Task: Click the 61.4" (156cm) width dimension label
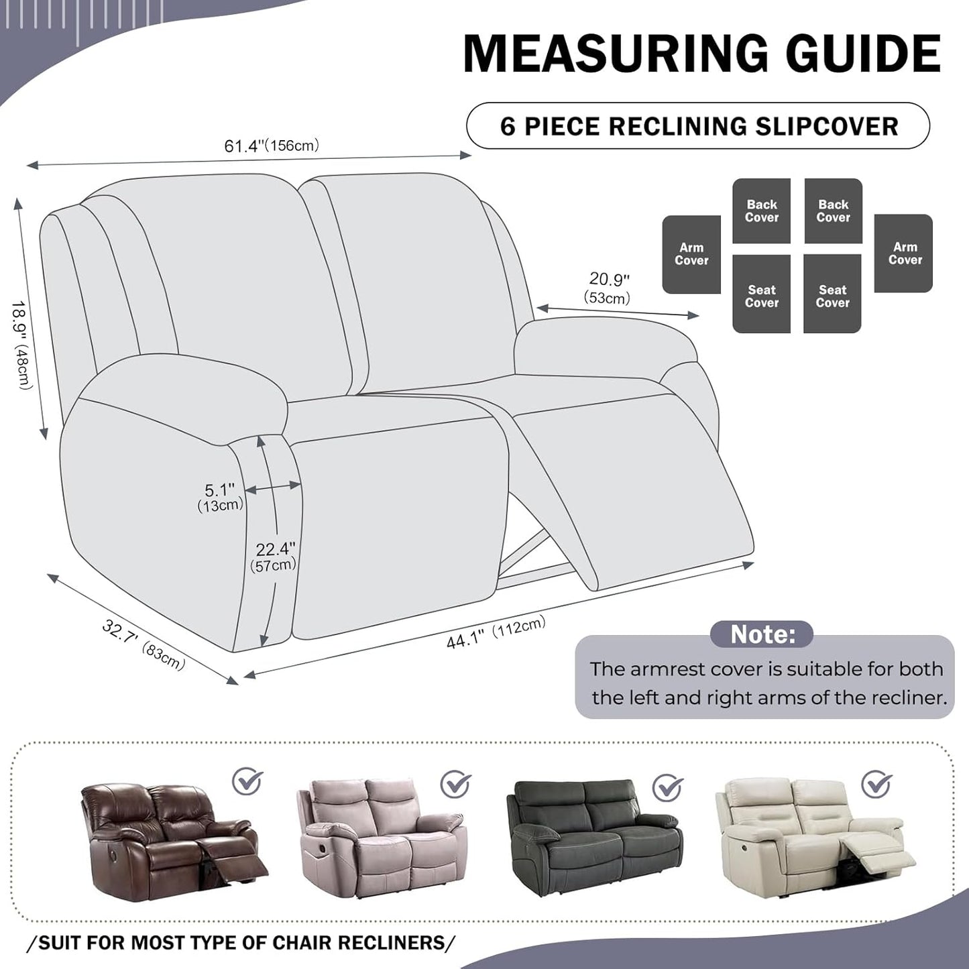272,146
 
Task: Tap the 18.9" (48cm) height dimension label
21,345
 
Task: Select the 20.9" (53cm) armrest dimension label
608,288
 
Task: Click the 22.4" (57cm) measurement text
274,557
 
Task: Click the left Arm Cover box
691,254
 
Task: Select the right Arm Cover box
904,253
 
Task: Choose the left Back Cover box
762,211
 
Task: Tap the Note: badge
762,634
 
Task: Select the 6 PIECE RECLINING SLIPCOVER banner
698,126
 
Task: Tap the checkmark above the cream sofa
876,783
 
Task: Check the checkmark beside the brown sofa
247,781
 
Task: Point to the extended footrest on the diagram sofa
634,490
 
